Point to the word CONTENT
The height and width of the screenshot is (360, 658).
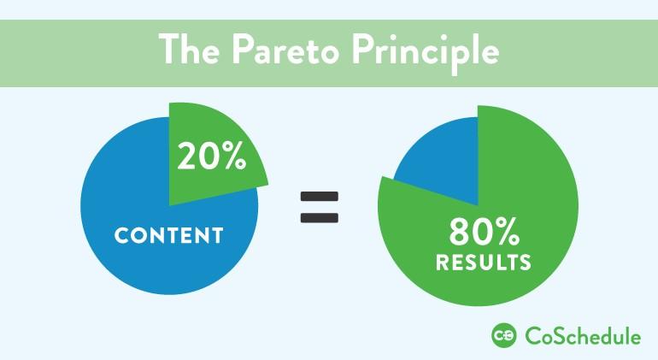click(168, 235)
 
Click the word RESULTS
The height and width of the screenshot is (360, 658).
click(483, 262)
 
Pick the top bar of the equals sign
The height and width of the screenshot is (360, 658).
click(320, 197)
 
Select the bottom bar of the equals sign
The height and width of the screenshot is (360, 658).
click(320, 216)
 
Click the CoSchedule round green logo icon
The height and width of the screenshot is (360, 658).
click(503, 336)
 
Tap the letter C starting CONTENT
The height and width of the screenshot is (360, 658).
click(121, 235)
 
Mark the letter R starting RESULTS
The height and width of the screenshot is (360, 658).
click(443, 262)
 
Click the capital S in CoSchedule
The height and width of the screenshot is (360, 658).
click(556, 336)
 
